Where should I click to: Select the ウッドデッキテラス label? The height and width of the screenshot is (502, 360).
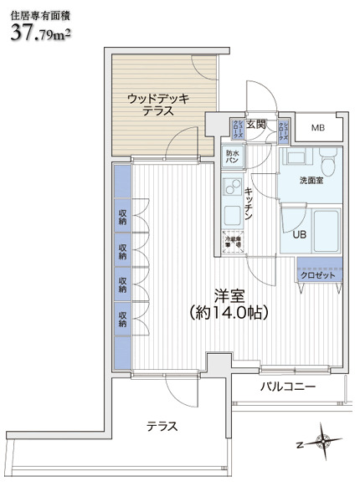(157, 105)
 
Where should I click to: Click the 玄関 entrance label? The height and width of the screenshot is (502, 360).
(256, 125)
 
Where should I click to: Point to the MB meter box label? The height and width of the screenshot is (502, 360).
(318, 128)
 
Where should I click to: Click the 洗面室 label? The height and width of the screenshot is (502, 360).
(312, 182)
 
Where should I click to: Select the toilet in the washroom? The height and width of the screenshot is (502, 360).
(328, 161)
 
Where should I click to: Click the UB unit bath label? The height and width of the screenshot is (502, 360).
(299, 234)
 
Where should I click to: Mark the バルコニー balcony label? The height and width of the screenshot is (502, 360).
(286, 387)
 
